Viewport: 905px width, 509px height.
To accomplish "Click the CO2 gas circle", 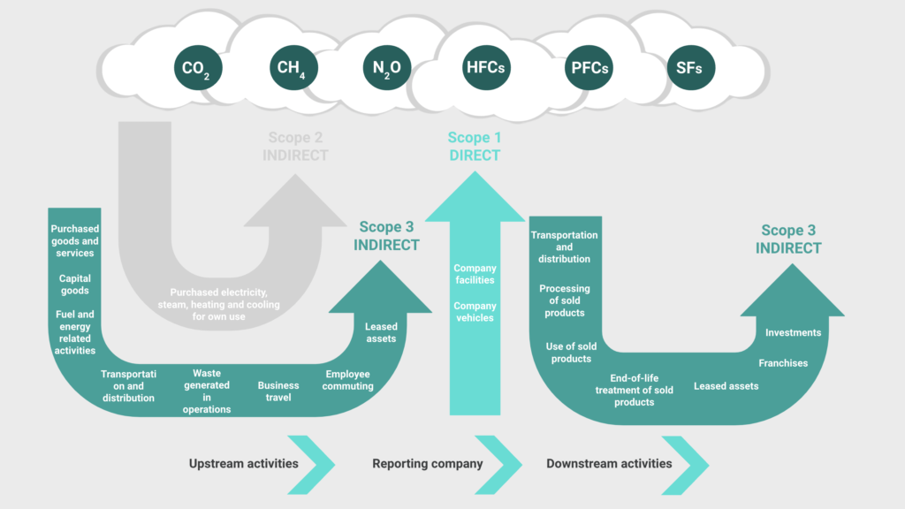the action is [x=198, y=68].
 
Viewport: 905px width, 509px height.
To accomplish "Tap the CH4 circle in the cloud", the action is [x=293, y=68].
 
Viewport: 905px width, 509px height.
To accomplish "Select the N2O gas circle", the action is [x=387, y=68].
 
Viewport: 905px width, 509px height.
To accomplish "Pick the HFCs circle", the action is [x=486, y=68].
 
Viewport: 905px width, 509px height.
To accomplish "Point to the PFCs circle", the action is [x=589, y=68].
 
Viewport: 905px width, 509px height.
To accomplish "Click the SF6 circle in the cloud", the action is [x=691, y=68].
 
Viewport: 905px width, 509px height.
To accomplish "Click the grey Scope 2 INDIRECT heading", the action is [x=295, y=147].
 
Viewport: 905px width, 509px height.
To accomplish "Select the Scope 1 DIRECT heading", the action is [x=475, y=147].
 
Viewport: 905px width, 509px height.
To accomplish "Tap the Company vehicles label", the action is [x=475, y=312].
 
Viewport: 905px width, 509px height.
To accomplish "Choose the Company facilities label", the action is [x=475, y=274].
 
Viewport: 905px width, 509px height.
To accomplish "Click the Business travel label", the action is [x=278, y=391].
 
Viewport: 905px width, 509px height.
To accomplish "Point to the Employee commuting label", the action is [x=347, y=380].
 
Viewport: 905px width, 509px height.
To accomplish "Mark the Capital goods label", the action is [x=75, y=285].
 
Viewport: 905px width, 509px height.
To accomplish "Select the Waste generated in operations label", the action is [x=207, y=391].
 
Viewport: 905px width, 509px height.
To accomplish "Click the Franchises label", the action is [x=783, y=363].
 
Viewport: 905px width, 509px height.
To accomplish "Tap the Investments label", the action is [x=793, y=332].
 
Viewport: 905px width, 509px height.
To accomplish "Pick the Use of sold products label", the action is [x=572, y=353].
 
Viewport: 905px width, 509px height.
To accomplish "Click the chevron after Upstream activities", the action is [x=311, y=465].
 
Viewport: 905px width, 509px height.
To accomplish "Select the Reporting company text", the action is [x=428, y=463].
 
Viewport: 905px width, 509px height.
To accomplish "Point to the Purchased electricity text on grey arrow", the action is [x=219, y=304].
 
